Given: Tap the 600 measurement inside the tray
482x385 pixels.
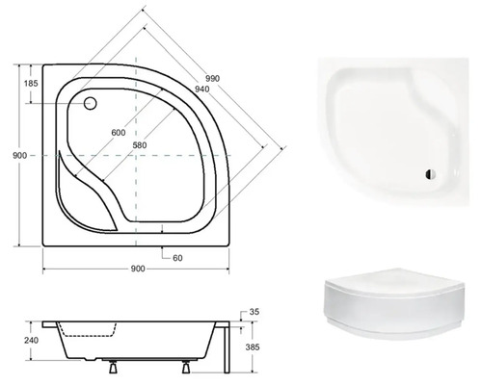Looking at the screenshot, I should click(x=118, y=132).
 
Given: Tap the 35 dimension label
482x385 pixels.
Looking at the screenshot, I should click(x=254, y=313).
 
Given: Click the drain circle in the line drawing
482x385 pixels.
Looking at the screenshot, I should click(x=92, y=105).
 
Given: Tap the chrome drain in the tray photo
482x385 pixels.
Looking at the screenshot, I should click(x=428, y=174).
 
